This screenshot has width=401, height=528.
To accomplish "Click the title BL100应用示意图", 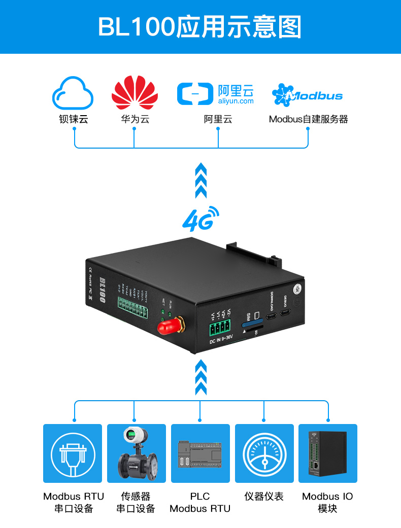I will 200,26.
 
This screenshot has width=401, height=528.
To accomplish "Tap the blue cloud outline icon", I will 73,92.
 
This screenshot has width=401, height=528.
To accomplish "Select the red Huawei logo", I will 135,93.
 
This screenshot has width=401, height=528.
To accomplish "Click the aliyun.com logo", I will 215,94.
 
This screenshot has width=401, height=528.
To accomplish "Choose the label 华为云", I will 135,120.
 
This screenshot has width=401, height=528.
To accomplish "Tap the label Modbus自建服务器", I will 308,120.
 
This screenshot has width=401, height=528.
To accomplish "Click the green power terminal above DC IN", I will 219,328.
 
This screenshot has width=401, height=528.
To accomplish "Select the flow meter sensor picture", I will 137,453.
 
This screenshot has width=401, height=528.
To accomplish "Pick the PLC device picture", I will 200,453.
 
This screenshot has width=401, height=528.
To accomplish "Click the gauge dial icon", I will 264,453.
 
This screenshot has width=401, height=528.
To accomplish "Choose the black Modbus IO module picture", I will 328,453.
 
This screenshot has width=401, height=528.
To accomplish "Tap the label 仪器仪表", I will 264,497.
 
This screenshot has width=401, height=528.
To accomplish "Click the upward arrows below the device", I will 201,377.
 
